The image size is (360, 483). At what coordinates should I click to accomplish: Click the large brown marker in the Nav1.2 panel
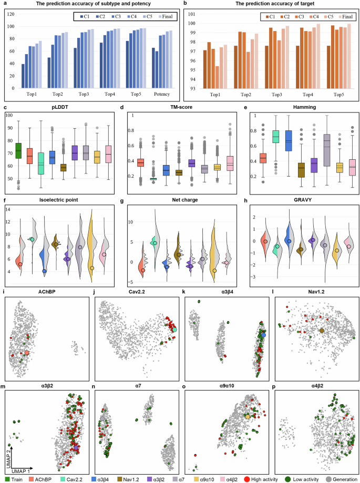coord(322,331)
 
